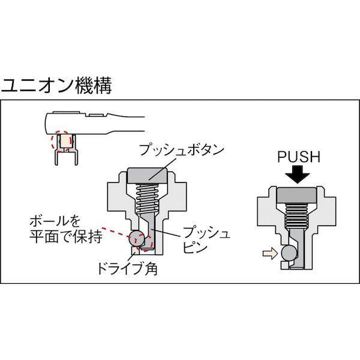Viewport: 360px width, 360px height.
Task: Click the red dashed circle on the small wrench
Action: pyautogui.click(x=62, y=142)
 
